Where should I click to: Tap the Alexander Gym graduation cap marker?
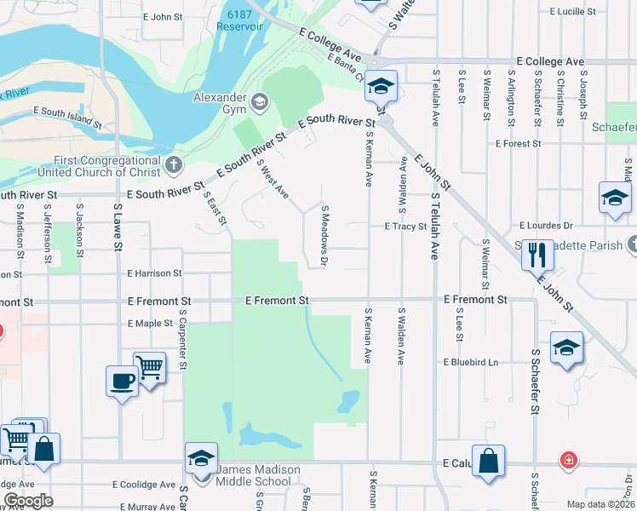point(260,104)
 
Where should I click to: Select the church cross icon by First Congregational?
point(173,165)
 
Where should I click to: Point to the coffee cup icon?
point(122,381)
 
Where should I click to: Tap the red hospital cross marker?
point(567,461)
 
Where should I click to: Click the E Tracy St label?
point(405,227)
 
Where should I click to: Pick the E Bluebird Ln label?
point(469,362)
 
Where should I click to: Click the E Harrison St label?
point(154,273)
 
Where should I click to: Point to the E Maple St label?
point(150,324)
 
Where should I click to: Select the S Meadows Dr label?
point(324,234)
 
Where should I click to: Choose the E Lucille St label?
point(578,12)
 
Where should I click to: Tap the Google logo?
point(28,501)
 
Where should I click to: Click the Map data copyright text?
point(600,504)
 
